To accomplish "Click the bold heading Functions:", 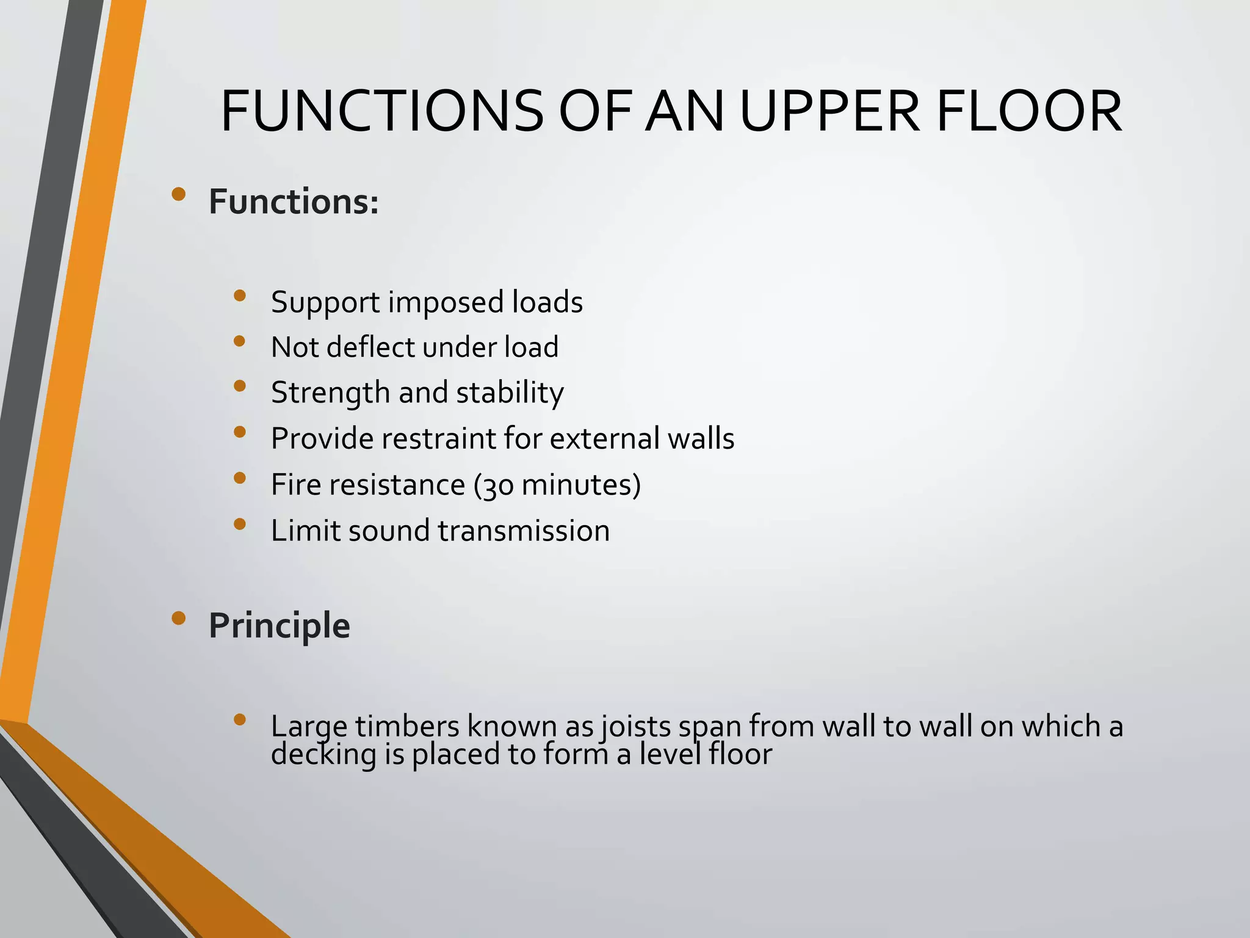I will [x=294, y=202].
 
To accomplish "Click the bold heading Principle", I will [x=279, y=625].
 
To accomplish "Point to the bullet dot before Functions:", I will [x=178, y=195].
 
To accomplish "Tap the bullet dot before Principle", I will [x=178, y=619].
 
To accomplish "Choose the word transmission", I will [x=524, y=530].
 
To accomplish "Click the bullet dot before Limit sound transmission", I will [x=239, y=524].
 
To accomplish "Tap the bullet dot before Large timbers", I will [x=239, y=720].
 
